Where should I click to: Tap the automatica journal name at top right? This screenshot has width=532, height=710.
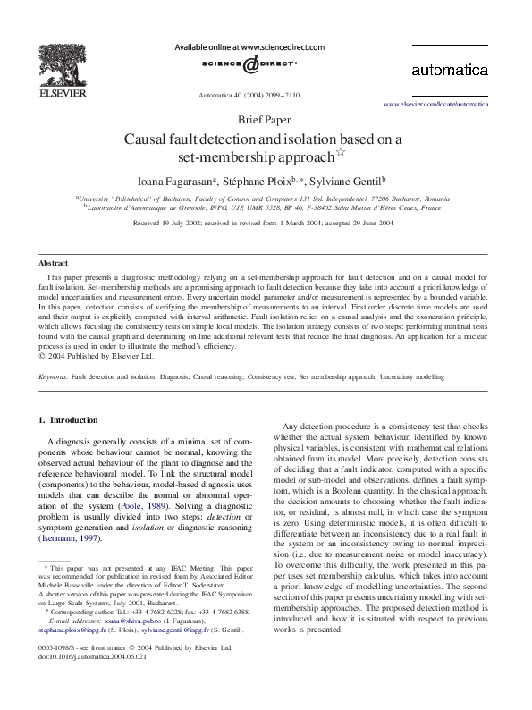[x=449, y=70]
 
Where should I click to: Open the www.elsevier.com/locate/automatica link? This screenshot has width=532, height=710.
[x=435, y=105]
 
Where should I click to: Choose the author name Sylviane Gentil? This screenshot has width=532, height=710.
[x=341, y=179]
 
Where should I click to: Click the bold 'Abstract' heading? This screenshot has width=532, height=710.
[x=53, y=263]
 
